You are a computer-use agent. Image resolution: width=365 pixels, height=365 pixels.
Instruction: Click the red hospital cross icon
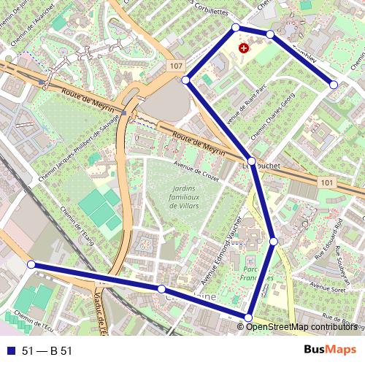pyautogui.click(x=245, y=47)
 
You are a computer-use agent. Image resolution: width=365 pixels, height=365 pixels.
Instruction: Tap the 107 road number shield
pyautogui.click(x=174, y=66)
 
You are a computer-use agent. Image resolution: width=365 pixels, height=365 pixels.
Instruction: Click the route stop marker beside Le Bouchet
pyautogui.click(x=251, y=161)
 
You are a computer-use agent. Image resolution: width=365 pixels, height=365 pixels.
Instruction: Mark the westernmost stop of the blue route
pyautogui.click(x=31, y=264)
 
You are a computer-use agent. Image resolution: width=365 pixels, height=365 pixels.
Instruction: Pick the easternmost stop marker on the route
pyautogui.click(x=334, y=85)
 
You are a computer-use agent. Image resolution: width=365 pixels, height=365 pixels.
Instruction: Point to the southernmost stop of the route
pyautogui.click(x=248, y=318)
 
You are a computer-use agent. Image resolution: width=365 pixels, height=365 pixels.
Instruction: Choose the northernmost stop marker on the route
pyautogui.click(x=236, y=27)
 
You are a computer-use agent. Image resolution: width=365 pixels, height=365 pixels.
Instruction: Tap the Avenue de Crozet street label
pyautogui.click(x=196, y=171)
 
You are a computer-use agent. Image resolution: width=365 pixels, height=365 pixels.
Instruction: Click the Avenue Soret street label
pyautogui.click(x=327, y=290)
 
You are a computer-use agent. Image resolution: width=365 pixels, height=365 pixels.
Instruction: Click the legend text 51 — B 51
pyautogui.click(x=47, y=351)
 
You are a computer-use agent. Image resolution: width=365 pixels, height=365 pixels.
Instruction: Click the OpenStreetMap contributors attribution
pyautogui.click(x=301, y=326)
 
